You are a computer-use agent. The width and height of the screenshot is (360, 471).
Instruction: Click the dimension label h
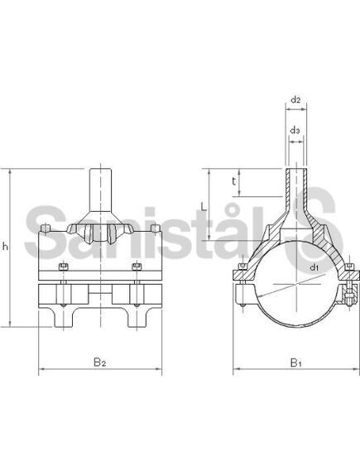(x=7, y=246)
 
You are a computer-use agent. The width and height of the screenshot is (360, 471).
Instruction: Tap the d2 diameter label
(x=295, y=101)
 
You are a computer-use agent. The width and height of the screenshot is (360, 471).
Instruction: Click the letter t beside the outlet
(x=235, y=180)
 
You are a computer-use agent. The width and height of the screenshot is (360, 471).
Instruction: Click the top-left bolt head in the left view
(x=47, y=228)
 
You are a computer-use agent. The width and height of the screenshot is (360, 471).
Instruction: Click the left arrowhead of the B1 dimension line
(x=235, y=367)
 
